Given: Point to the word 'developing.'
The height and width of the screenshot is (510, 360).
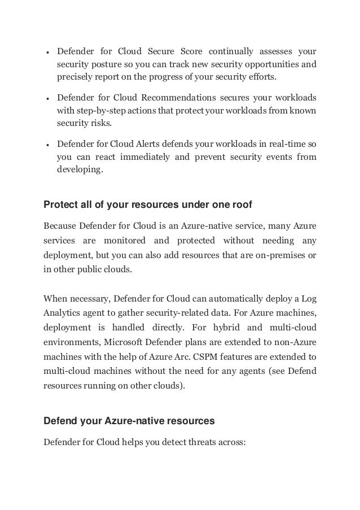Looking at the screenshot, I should [80, 169].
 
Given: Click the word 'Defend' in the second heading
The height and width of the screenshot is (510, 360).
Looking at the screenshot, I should [59, 420].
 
